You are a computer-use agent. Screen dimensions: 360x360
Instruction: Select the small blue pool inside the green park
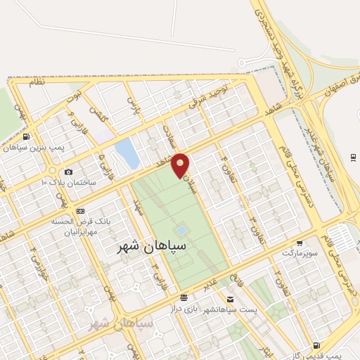181,230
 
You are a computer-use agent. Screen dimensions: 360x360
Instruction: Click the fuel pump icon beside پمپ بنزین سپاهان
26,137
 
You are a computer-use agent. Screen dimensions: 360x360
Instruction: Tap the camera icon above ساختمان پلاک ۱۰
68,172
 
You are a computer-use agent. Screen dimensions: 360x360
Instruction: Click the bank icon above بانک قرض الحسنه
79,211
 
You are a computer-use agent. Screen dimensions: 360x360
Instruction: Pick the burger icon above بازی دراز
184,299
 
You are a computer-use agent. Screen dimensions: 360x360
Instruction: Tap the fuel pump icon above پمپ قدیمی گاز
317,345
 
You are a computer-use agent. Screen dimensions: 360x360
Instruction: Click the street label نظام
36,82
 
